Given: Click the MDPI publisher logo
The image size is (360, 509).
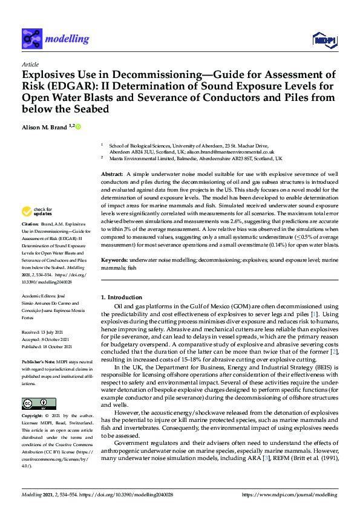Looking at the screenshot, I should [325, 40].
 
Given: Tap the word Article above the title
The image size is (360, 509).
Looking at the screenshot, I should [30, 64].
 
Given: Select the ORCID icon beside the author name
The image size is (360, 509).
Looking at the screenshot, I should [78, 126].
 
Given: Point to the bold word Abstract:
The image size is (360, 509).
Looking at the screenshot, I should [113, 174].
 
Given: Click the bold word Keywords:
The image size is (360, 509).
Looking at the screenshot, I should [114, 259].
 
